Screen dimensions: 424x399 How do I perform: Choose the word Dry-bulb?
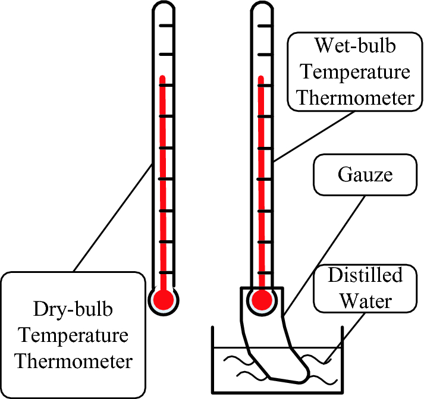click(73, 310)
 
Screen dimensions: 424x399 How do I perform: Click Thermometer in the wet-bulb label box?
click(356, 98)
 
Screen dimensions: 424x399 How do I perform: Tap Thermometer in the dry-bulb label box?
click(73, 360)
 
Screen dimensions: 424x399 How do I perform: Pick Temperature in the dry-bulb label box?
click(73, 335)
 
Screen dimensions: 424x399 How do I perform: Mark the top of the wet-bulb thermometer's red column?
click(261, 77)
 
